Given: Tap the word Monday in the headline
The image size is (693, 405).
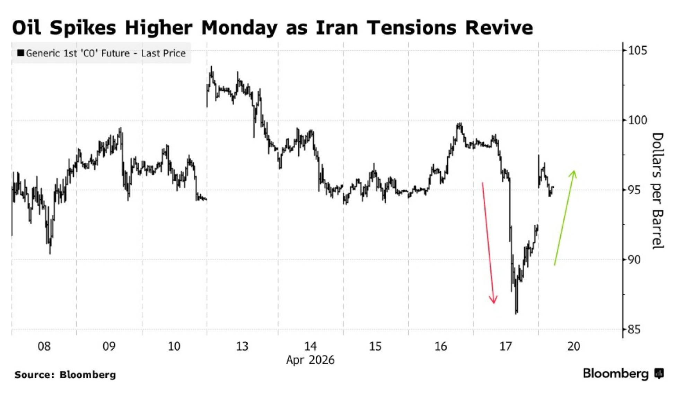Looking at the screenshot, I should tap(239, 27).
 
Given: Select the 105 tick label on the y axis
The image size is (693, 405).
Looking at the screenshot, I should tap(637, 51).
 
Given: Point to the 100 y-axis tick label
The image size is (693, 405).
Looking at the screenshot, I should tap(637, 120).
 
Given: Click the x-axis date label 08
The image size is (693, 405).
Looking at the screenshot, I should tap(44, 346).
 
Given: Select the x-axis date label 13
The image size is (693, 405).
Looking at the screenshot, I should tap(242, 346).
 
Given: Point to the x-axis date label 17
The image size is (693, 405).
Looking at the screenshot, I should tap(506, 346).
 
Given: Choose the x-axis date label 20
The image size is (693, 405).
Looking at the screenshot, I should tap(573, 346).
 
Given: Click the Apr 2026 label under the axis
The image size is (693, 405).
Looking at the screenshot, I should tap(310, 360).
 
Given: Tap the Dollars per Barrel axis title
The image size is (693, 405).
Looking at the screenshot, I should tap(657, 190).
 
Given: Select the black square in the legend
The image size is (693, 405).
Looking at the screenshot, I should tap(21, 53).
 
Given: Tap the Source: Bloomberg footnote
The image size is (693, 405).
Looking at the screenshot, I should tap(65, 375).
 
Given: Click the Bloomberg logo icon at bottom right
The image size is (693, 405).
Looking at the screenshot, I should tap(659, 373).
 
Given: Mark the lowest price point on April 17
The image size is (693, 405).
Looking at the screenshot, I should tap(516, 313).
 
